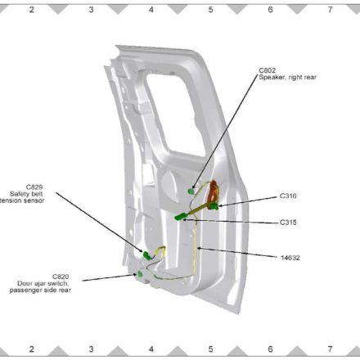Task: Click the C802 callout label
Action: [x=268, y=70]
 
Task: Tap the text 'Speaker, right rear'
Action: [x=288, y=78]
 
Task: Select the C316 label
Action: [x=288, y=196]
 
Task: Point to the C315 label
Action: [x=288, y=223]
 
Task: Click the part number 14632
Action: [x=290, y=258]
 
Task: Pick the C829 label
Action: [x=34, y=187]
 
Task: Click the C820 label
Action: [x=61, y=277]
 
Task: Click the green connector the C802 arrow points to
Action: [x=191, y=191]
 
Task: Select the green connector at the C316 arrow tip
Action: [x=214, y=206]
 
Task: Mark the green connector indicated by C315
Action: [x=180, y=217]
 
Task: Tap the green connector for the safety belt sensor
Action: [x=146, y=255]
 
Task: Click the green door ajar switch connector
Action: [x=140, y=274]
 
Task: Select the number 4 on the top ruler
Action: [x=151, y=10]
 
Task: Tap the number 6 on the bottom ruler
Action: [x=270, y=349]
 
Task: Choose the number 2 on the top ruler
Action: [x=32, y=10]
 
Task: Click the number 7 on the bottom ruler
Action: [x=330, y=349]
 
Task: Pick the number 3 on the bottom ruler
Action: [x=91, y=349]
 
